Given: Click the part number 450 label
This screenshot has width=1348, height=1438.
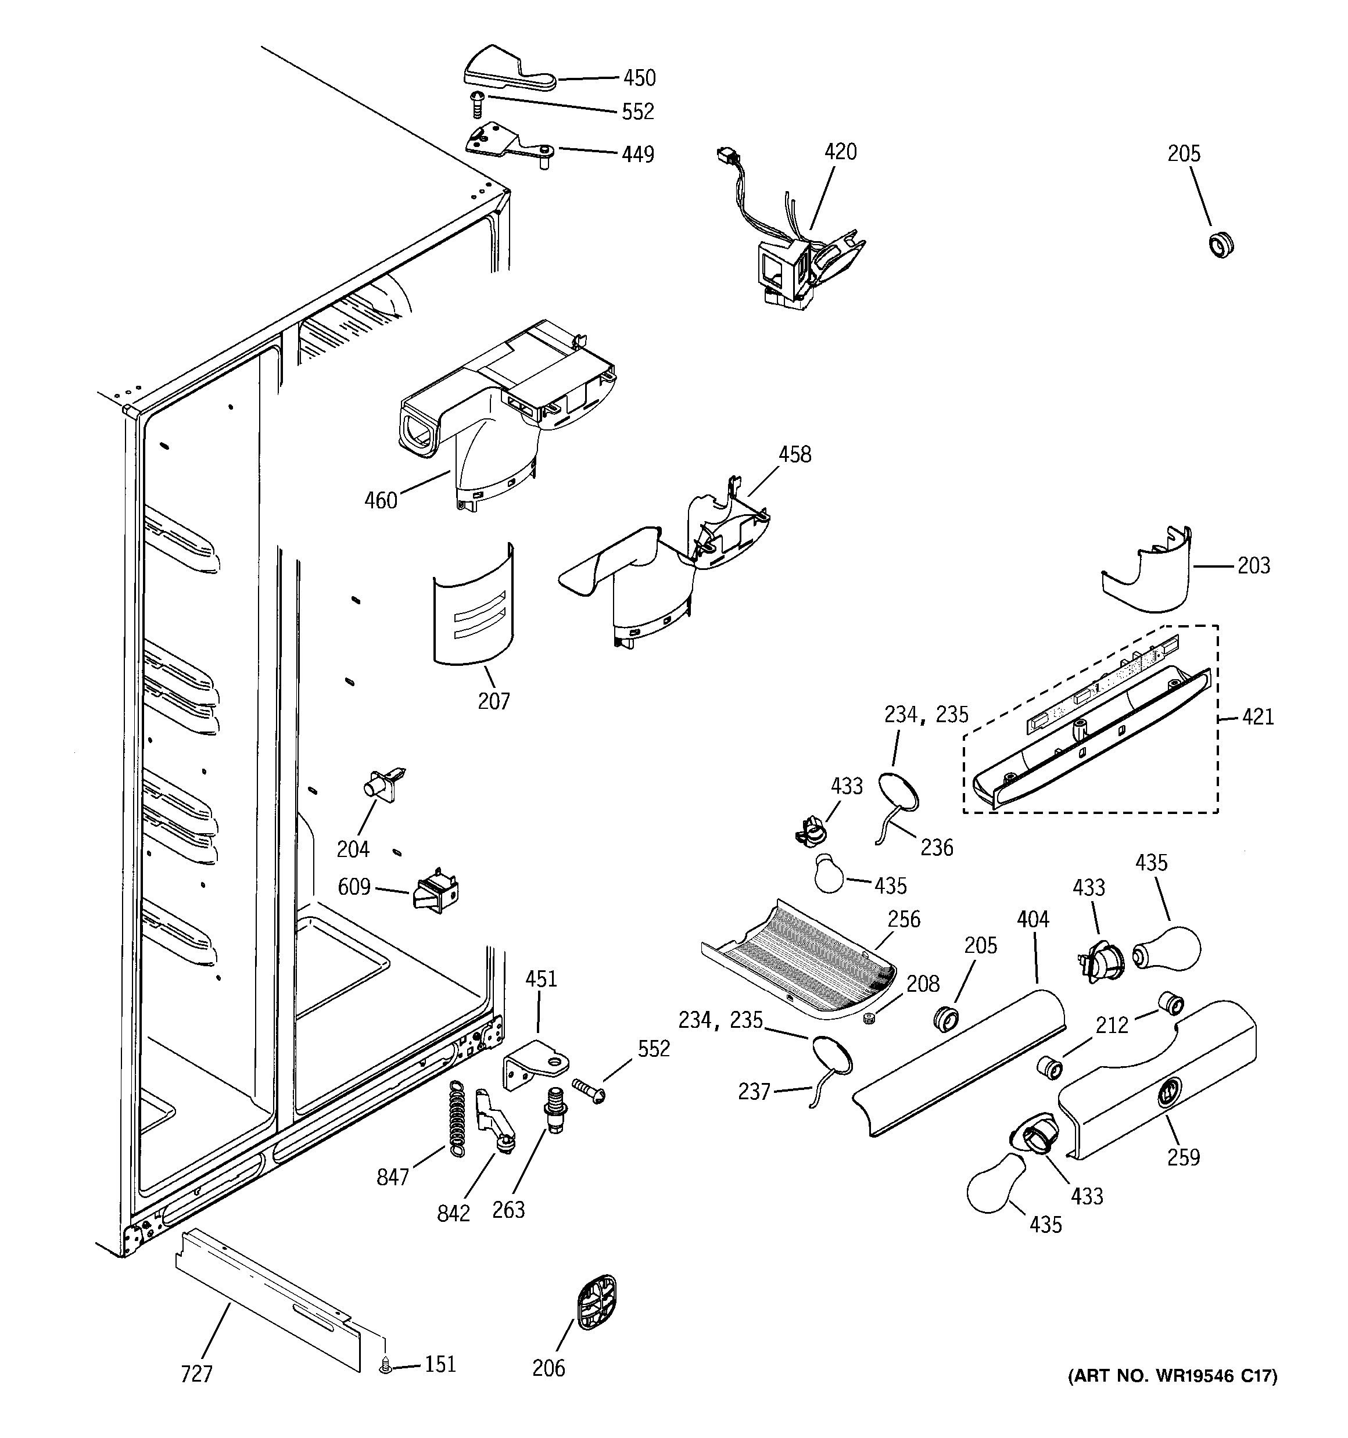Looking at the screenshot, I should [639, 78].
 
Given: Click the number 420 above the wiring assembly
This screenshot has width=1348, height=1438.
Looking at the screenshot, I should [840, 152].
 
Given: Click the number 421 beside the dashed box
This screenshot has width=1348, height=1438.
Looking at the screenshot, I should [1257, 717].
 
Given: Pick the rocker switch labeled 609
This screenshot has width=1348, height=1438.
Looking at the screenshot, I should [435, 889].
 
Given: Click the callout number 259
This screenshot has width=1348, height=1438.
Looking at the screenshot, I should [1183, 1157].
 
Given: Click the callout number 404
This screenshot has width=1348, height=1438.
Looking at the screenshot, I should [1032, 919].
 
